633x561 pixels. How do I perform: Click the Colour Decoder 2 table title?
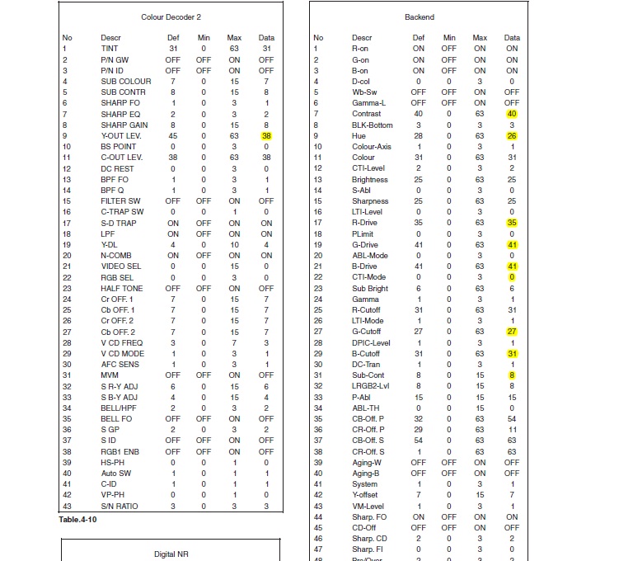[x=171, y=16]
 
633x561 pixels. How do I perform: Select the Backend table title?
[x=419, y=16]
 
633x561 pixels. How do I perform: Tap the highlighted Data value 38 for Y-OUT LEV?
[x=266, y=135]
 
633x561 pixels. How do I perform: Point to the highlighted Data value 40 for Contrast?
[x=512, y=114]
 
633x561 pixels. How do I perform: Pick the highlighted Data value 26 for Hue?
[x=512, y=135]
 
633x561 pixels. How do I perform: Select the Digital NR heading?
[x=171, y=554]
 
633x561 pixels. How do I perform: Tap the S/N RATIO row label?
[x=120, y=506]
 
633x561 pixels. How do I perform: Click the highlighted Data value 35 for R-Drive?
[x=512, y=223]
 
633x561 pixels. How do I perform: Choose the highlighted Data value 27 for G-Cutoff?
[x=512, y=332]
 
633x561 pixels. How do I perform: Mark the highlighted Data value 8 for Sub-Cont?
[x=512, y=375]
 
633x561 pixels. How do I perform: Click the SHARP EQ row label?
[x=120, y=114]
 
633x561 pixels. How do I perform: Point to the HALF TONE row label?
[x=121, y=288]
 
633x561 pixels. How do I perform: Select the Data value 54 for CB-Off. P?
[x=512, y=419]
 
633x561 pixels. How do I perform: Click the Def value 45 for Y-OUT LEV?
[x=173, y=135]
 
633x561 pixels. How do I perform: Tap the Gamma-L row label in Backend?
[x=368, y=103]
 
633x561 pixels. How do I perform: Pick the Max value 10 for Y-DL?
[x=234, y=244]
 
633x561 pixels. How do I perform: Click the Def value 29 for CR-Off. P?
[x=419, y=430]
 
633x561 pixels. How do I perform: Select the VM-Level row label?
[x=368, y=506]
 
